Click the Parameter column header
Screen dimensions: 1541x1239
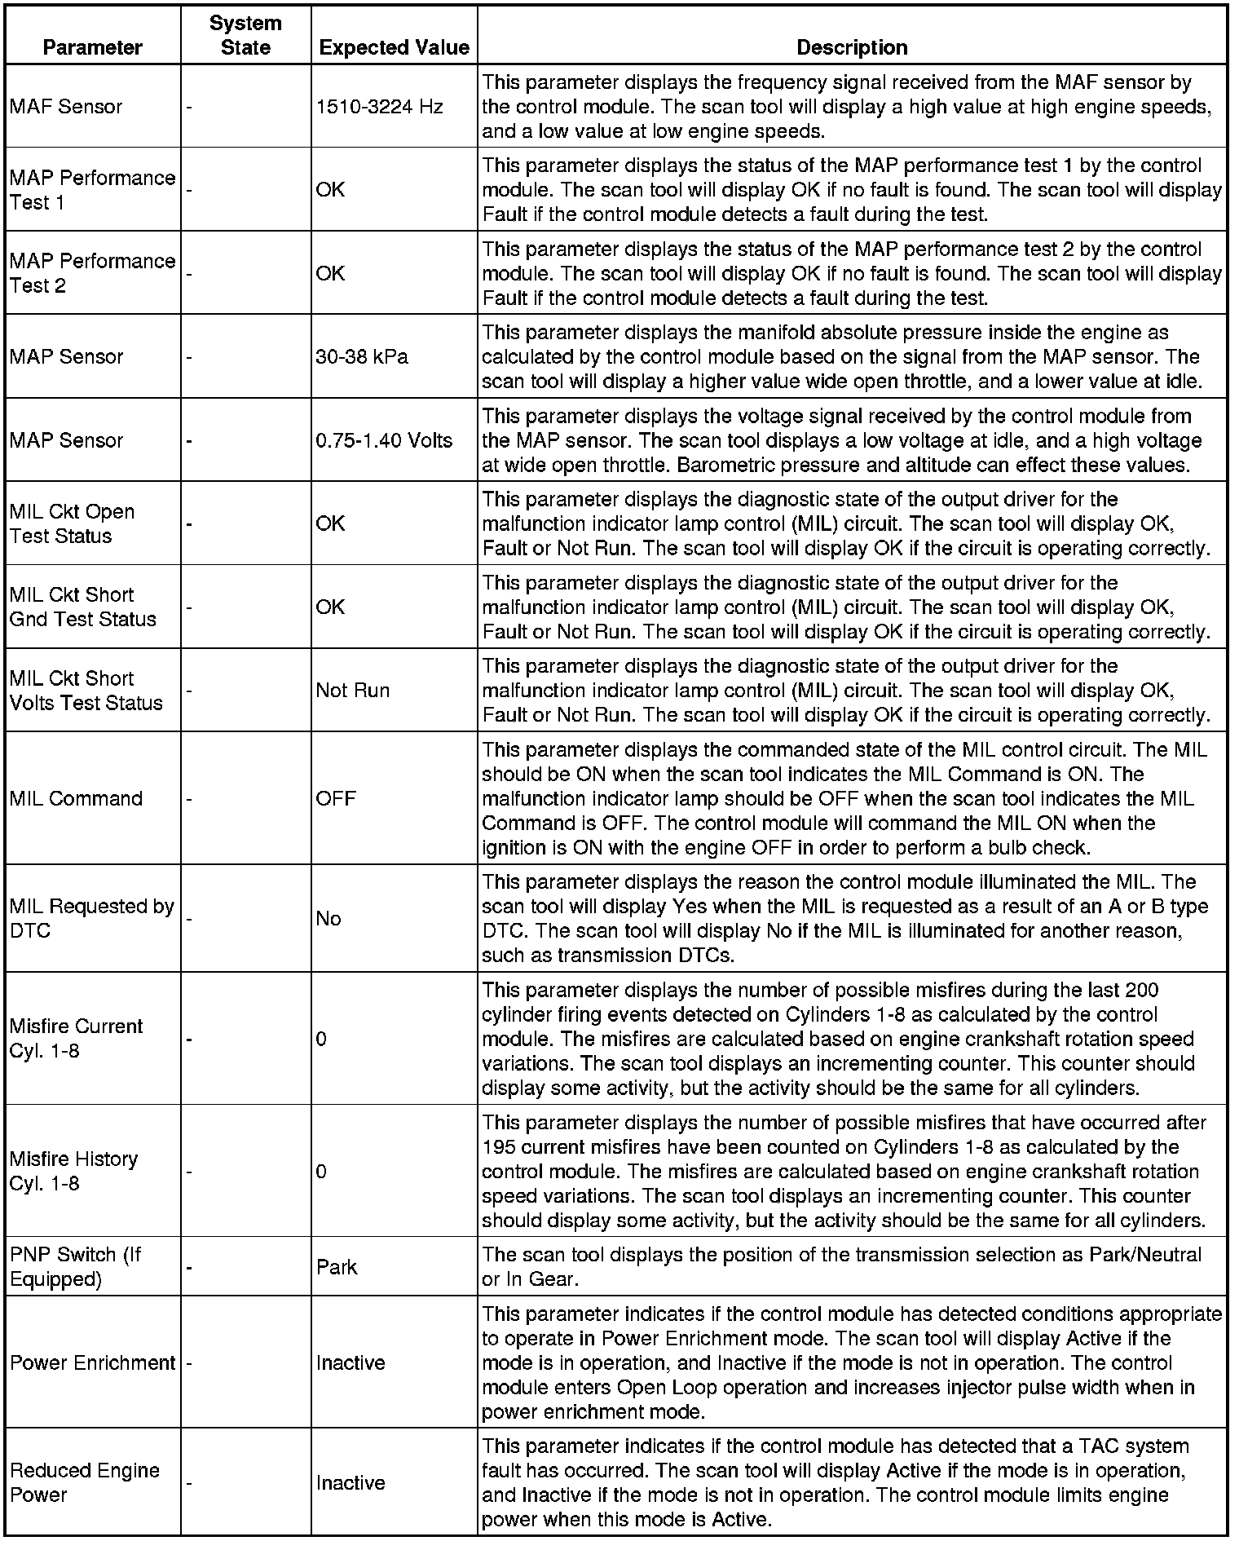(x=92, y=47)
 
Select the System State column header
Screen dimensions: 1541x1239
(x=245, y=35)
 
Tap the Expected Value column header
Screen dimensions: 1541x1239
(x=394, y=47)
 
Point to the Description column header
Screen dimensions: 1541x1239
(x=852, y=47)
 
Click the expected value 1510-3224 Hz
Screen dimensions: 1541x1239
(x=379, y=107)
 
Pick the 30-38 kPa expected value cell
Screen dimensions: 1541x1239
(x=362, y=356)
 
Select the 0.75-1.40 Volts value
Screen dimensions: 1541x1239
(x=384, y=440)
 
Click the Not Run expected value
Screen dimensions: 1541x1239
(x=352, y=691)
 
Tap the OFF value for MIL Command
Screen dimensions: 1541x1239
(x=336, y=798)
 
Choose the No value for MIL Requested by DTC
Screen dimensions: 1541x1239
(x=328, y=919)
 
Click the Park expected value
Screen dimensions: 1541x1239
(x=337, y=1267)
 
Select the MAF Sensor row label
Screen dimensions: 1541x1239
(x=66, y=107)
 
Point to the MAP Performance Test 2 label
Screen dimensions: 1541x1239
(x=92, y=273)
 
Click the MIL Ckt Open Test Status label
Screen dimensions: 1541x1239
(x=72, y=523)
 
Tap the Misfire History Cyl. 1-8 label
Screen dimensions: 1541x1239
(x=73, y=1171)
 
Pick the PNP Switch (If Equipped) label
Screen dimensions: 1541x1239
(x=75, y=1266)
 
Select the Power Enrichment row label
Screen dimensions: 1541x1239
(x=92, y=1362)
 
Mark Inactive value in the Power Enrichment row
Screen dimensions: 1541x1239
(x=351, y=1362)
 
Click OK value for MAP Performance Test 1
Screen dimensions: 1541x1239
(x=330, y=190)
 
